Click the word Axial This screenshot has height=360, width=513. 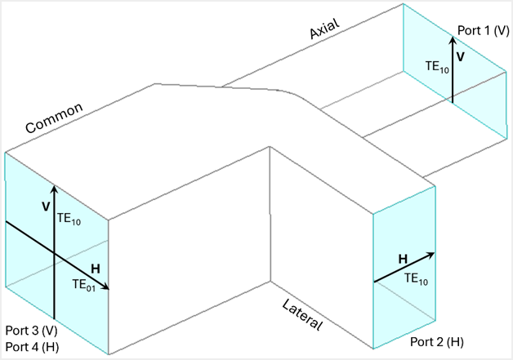coord(325,29)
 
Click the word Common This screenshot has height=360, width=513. coord(55,118)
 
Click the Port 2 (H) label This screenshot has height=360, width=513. coord(437,341)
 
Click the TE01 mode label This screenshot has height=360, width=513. coord(85,284)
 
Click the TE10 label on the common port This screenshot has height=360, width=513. coord(70,219)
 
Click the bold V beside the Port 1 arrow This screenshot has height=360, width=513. coord(461,57)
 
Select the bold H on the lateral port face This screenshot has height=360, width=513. coord(403,260)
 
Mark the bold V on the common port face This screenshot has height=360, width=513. coord(46,207)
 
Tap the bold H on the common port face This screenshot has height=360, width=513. coord(96,269)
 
